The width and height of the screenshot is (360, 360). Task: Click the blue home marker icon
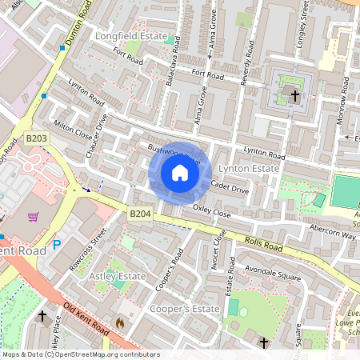180,173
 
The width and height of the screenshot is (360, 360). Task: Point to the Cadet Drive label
230,187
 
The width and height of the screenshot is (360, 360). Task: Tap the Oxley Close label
212,212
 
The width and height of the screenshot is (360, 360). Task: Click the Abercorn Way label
333,234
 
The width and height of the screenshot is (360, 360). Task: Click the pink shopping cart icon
34,216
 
